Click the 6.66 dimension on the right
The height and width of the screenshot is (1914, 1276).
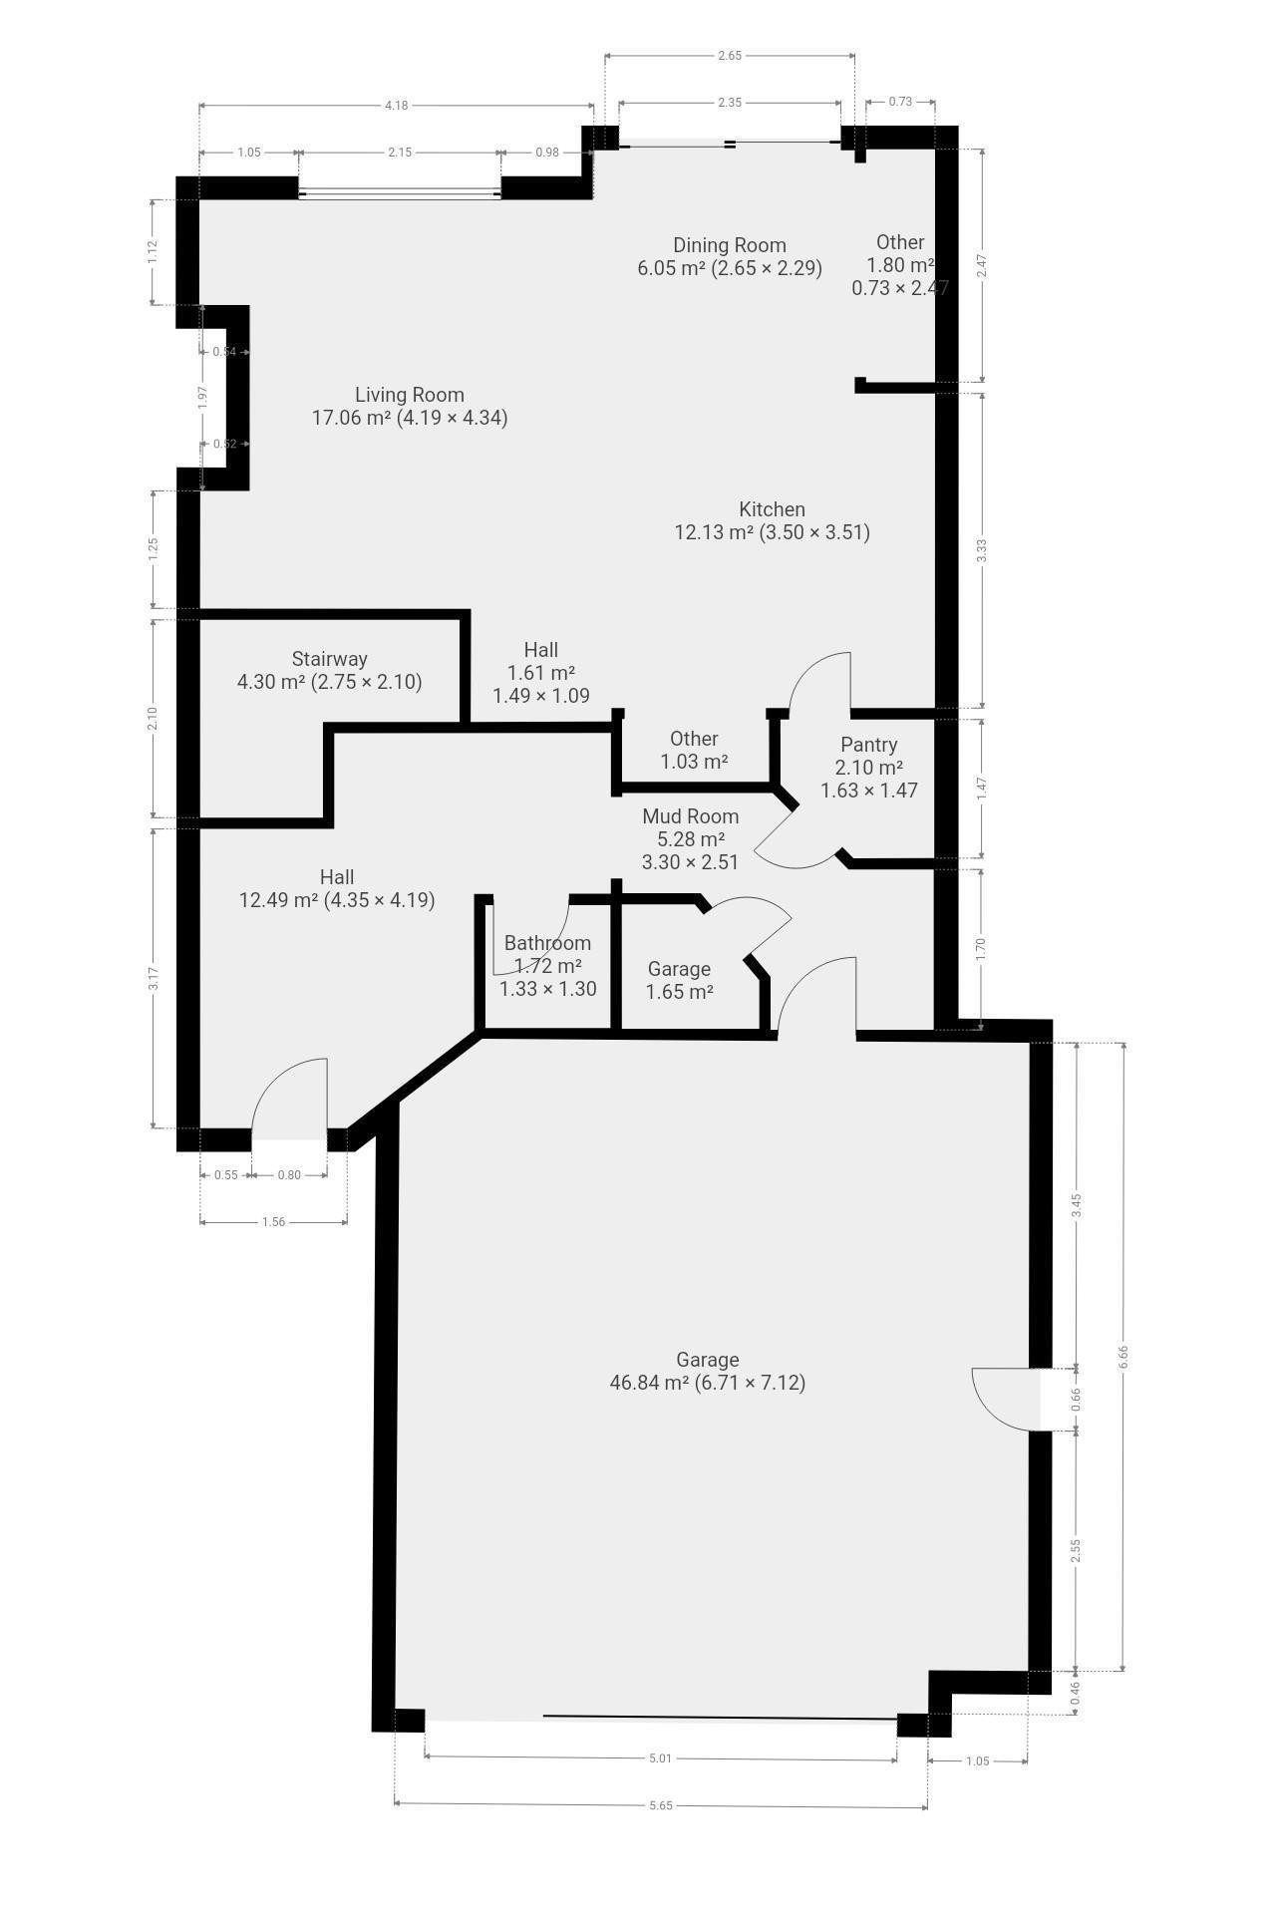[x=1123, y=1356]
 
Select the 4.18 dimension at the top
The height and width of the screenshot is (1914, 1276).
[x=396, y=106]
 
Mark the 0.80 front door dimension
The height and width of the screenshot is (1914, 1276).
[x=289, y=1175]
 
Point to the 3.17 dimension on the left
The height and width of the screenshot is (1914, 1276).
[x=154, y=979]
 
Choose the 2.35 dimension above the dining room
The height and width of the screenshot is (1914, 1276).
[x=730, y=103]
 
